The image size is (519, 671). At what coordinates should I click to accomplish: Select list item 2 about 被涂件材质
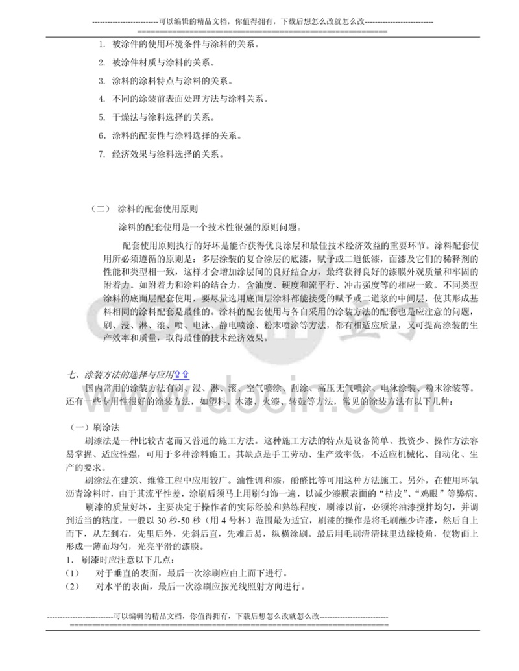coord(162,63)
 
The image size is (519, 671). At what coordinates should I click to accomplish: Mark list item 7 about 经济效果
coord(162,154)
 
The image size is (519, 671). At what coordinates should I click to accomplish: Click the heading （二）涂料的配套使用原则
coord(146,210)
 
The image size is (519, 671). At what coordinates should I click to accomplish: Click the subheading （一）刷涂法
coord(95,428)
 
